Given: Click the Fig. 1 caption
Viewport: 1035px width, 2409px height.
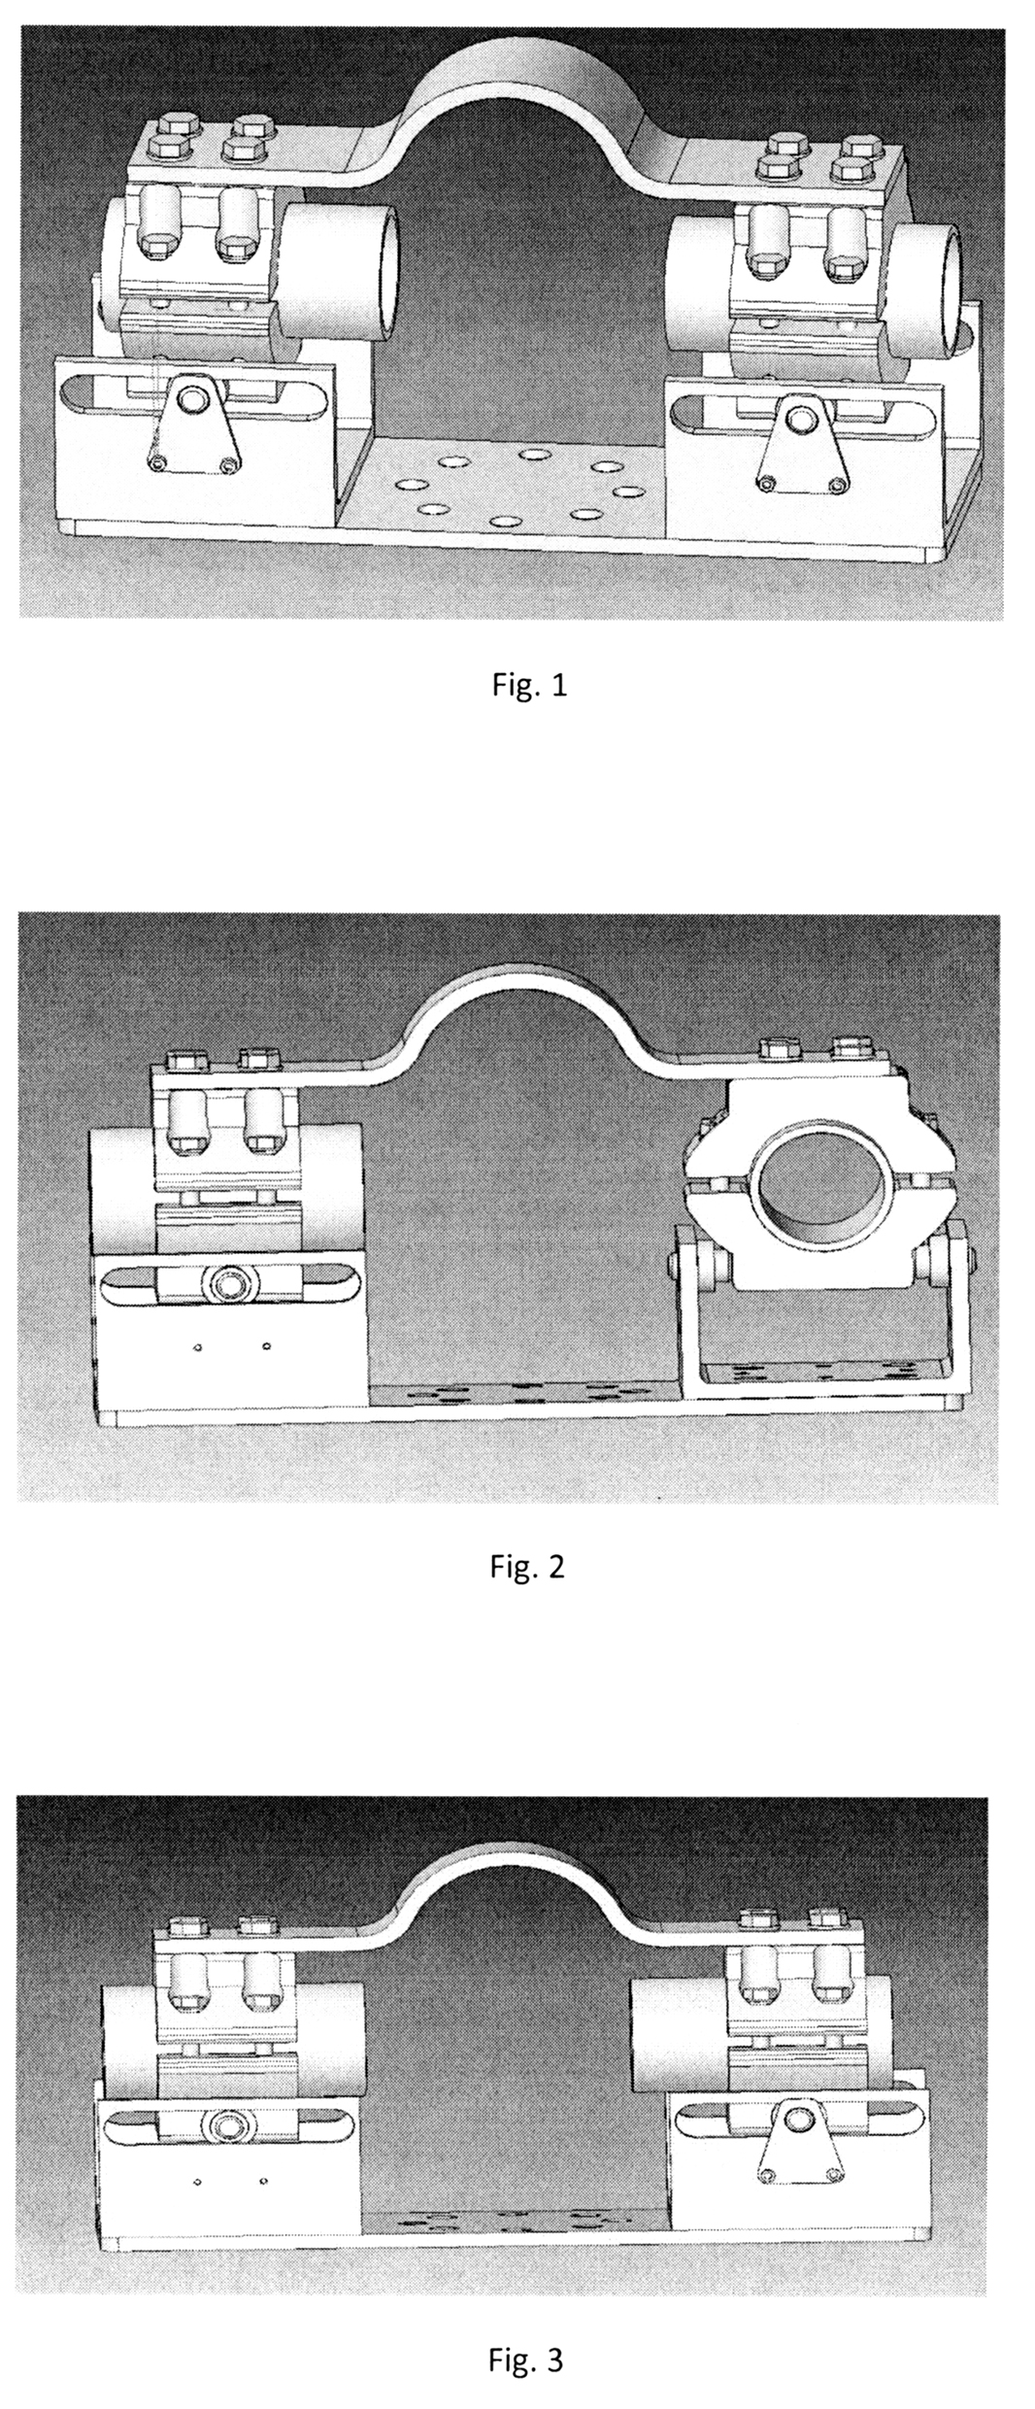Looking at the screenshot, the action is [x=524, y=686].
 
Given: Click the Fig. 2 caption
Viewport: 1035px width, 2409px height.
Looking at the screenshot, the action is [x=525, y=1566].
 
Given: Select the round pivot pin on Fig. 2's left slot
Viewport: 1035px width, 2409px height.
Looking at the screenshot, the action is [x=232, y=1284].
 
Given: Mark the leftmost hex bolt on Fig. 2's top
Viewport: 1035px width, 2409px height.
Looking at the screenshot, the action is [x=184, y=1059].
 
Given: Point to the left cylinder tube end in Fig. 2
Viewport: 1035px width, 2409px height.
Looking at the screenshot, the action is [x=121, y=1190].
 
